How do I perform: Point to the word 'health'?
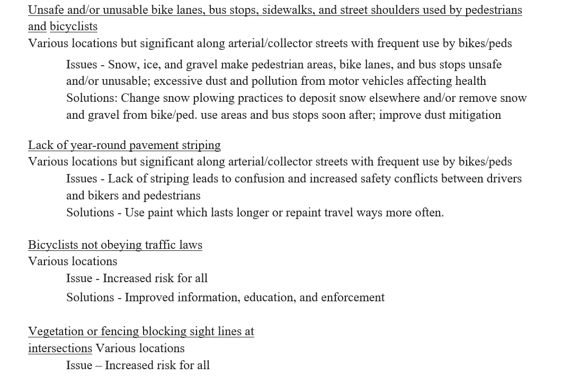[x=469, y=81]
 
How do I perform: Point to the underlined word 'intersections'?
[x=60, y=349]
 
